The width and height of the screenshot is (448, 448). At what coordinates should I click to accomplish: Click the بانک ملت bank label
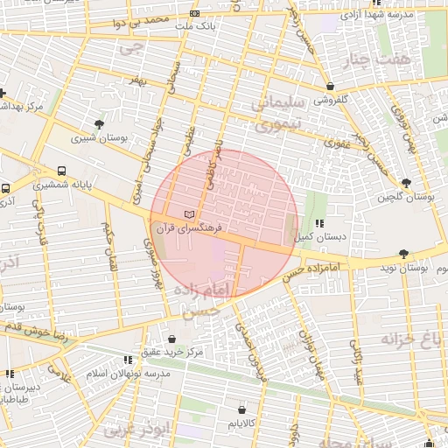tap(195, 27)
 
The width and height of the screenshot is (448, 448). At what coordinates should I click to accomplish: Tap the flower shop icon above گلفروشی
tap(330, 87)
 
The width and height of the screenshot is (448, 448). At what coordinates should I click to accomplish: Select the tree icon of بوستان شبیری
tap(98, 124)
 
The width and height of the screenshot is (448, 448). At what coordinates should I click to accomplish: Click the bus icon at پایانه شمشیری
tap(61, 171)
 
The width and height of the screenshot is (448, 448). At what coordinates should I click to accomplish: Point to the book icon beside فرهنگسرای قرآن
tap(191, 214)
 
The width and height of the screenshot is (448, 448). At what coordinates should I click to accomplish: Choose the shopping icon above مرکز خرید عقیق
tap(171, 339)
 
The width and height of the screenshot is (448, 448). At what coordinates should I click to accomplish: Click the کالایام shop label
tap(242, 423)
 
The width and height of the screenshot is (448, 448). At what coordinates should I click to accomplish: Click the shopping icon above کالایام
tap(242, 409)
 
